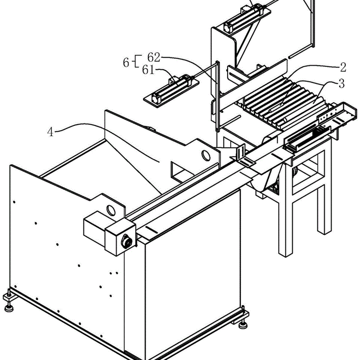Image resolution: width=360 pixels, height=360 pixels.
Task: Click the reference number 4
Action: [x=50, y=132]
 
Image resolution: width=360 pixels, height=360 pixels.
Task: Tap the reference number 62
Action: [x=153, y=57]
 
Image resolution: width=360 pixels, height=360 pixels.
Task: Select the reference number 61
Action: [x=148, y=70]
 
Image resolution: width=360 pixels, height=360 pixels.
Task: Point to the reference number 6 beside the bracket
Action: [x=126, y=63]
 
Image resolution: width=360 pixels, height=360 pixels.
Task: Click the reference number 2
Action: [x=343, y=67]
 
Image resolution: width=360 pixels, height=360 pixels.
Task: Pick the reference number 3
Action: [x=342, y=84]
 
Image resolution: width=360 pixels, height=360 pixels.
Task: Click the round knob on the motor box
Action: [x=126, y=242]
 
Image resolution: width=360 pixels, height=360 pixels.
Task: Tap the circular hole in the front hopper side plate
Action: [x=111, y=210]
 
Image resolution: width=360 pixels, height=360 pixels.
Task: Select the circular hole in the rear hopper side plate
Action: [x=206, y=156]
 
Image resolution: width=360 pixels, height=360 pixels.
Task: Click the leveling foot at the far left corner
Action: [x=9, y=301]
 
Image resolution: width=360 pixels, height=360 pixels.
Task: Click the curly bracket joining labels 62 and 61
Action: [x=137, y=61]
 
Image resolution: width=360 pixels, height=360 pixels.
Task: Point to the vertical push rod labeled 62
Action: [x=218, y=96]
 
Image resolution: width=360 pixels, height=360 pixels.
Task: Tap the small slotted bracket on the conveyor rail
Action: [x=241, y=152]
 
